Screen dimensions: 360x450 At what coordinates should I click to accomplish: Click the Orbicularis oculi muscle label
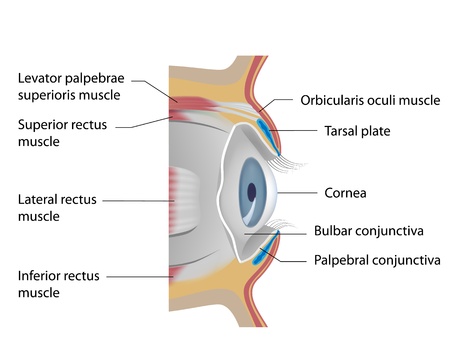click(x=369, y=100)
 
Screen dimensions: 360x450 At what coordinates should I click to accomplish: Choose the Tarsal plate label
click(x=357, y=130)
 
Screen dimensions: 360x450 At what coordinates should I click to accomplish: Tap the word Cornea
click(x=346, y=192)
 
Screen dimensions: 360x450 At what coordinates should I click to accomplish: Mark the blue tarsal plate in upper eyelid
click(x=262, y=127)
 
